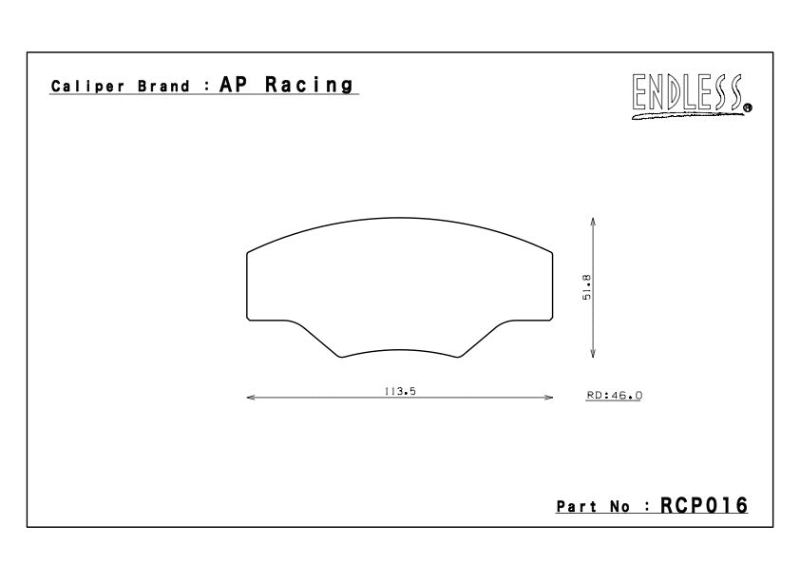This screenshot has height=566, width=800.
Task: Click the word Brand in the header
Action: tap(163, 86)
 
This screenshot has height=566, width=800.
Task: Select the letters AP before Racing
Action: tap(234, 85)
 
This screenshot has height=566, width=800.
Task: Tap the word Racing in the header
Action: tap(309, 86)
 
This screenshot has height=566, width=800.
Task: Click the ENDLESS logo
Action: tap(690, 95)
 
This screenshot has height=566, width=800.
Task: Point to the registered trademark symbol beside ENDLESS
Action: tap(748, 107)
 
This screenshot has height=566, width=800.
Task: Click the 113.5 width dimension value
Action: tap(400, 391)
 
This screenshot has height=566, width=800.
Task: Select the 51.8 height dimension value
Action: tap(587, 287)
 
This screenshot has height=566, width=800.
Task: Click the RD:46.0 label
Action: tap(615, 395)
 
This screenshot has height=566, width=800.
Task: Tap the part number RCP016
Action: tap(704, 505)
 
